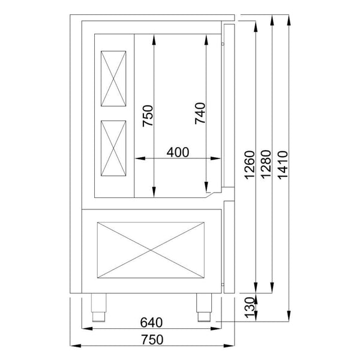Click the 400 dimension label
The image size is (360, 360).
pyautogui.click(x=178, y=152)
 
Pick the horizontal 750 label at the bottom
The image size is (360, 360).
pyautogui.click(x=152, y=340)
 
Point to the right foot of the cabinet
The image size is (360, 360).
pyautogui.click(x=204, y=305)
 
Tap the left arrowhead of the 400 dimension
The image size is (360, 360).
pyautogui.click(x=137, y=159)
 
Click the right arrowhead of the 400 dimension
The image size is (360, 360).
pyautogui.click(x=219, y=159)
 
